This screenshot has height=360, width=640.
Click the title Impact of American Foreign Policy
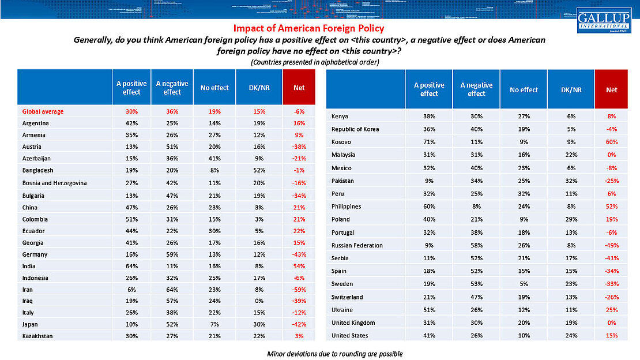[x=308, y=28]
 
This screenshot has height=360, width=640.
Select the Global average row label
[x=43, y=112]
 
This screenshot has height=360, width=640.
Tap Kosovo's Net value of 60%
[x=612, y=142]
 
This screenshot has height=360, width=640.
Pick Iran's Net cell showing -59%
[x=299, y=289]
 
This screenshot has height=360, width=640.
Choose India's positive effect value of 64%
[x=131, y=266]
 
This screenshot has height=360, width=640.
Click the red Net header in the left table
[x=299, y=88]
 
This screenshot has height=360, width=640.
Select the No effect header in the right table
[x=524, y=90]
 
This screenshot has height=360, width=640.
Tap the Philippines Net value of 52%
[x=612, y=207]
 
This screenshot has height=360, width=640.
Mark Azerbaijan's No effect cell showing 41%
[x=214, y=159]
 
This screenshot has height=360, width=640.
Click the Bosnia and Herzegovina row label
[x=54, y=183]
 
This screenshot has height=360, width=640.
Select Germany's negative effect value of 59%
[x=172, y=254]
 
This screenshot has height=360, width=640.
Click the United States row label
[x=350, y=336]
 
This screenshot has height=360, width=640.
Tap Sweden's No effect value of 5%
[x=524, y=284]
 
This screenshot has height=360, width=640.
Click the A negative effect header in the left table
[x=172, y=88]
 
